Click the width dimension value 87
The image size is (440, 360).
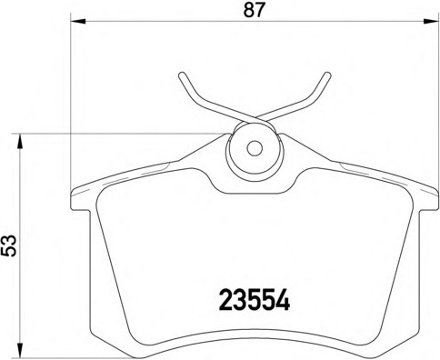point(251,12)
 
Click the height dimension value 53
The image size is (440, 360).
point(11,245)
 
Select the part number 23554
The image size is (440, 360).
point(255,299)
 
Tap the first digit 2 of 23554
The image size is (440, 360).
point(227,299)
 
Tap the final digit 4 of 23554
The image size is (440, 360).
point(282,299)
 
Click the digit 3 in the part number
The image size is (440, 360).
point(241,299)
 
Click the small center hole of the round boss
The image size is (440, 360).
point(255,147)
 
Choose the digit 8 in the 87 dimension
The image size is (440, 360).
point(245,12)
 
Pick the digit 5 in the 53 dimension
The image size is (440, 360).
point(11,253)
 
